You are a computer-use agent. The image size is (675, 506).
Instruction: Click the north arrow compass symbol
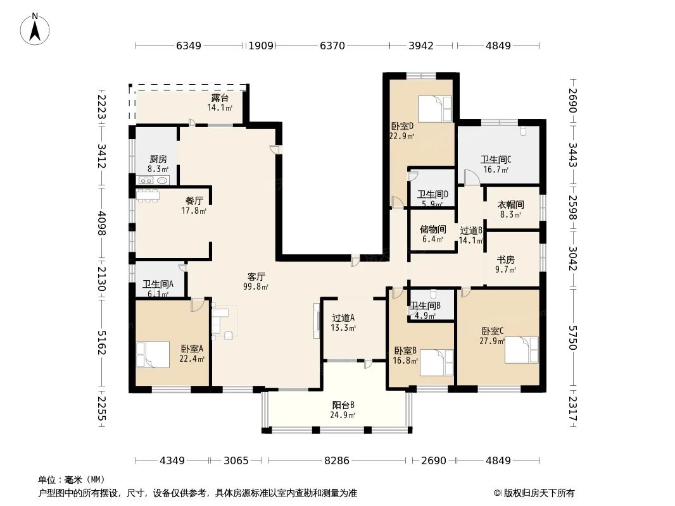point(36,28)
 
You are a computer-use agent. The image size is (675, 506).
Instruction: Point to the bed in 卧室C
point(520,350)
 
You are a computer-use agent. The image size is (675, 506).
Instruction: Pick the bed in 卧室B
point(436,362)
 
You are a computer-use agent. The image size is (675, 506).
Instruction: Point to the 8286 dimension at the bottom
point(337,460)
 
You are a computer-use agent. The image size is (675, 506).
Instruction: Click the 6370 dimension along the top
point(332,46)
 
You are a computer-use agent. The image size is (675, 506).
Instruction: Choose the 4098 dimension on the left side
point(101,223)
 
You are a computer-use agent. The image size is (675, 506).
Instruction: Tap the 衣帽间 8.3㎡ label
point(510,209)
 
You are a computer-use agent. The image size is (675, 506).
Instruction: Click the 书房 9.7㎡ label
point(505,264)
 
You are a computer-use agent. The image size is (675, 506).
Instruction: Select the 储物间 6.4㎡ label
point(432,235)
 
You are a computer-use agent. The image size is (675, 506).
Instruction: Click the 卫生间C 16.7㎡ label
point(496,164)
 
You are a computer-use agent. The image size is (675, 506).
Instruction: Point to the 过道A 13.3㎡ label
point(343,323)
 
